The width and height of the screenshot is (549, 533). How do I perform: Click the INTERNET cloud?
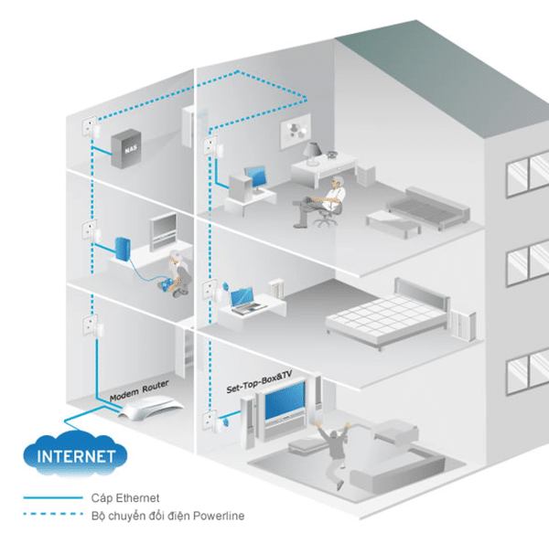(75, 453)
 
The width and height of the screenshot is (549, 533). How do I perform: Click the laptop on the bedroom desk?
(242, 299)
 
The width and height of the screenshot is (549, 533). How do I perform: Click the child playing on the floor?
(177, 274)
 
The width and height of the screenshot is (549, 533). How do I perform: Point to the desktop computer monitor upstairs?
(255, 176)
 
